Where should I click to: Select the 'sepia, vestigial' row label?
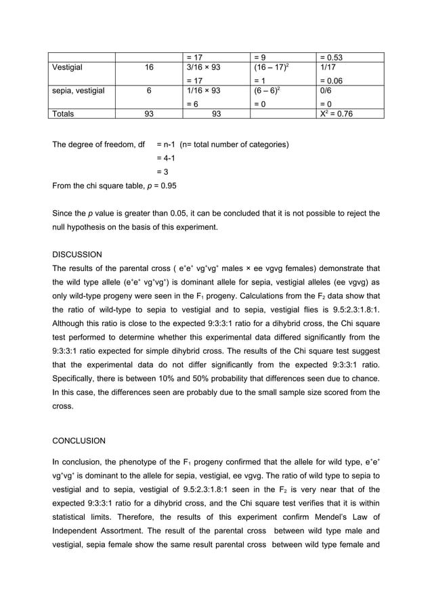coord(79,90)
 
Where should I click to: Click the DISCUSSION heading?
coord(77,255)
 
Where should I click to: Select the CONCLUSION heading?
coord(79,441)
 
